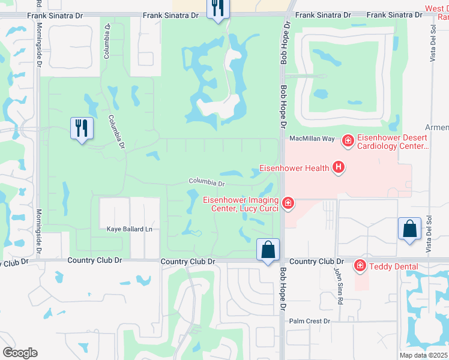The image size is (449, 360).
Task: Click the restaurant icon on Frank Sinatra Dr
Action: [217, 8]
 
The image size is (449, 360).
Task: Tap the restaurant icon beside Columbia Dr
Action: [82, 128]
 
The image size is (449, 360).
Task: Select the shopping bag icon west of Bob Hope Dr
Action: [268, 250]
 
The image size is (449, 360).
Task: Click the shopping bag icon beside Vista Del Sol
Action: [409, 229]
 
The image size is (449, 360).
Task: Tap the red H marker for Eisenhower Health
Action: [339, 167]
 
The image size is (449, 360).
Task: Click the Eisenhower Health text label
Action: [294, 168]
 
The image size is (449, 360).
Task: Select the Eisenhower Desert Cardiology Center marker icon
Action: [347, 141]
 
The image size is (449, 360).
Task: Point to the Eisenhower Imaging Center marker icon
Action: [288, 203]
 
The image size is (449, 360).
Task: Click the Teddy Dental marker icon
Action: [360, 265]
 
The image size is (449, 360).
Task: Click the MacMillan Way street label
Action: [312, 139]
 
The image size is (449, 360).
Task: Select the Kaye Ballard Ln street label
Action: [129, 229]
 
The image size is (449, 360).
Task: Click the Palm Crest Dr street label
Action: [310, 321]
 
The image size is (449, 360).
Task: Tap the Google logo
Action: [20, 353]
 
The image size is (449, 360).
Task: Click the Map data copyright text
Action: [424, 355]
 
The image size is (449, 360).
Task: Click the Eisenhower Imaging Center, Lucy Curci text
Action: [240, 205]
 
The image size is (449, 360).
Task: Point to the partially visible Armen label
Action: [436, 127]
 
